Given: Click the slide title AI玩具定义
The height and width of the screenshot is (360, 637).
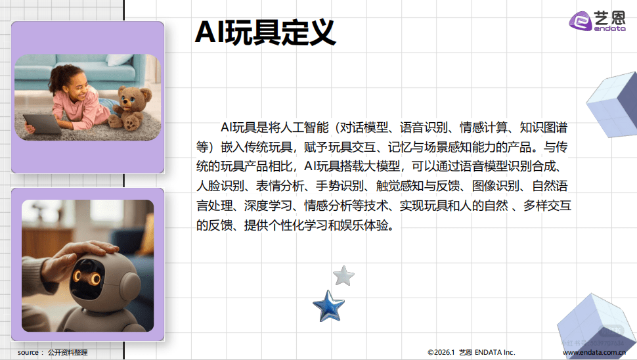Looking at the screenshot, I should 265,32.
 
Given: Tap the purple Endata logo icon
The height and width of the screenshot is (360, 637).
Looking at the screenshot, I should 581,21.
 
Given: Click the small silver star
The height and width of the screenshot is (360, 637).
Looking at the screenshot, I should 343,275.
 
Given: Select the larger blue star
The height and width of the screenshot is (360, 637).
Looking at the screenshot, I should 328,305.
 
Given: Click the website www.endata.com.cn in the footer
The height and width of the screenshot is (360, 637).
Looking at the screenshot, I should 593,353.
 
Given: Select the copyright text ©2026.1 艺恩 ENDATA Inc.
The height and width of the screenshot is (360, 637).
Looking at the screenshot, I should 471,353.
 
